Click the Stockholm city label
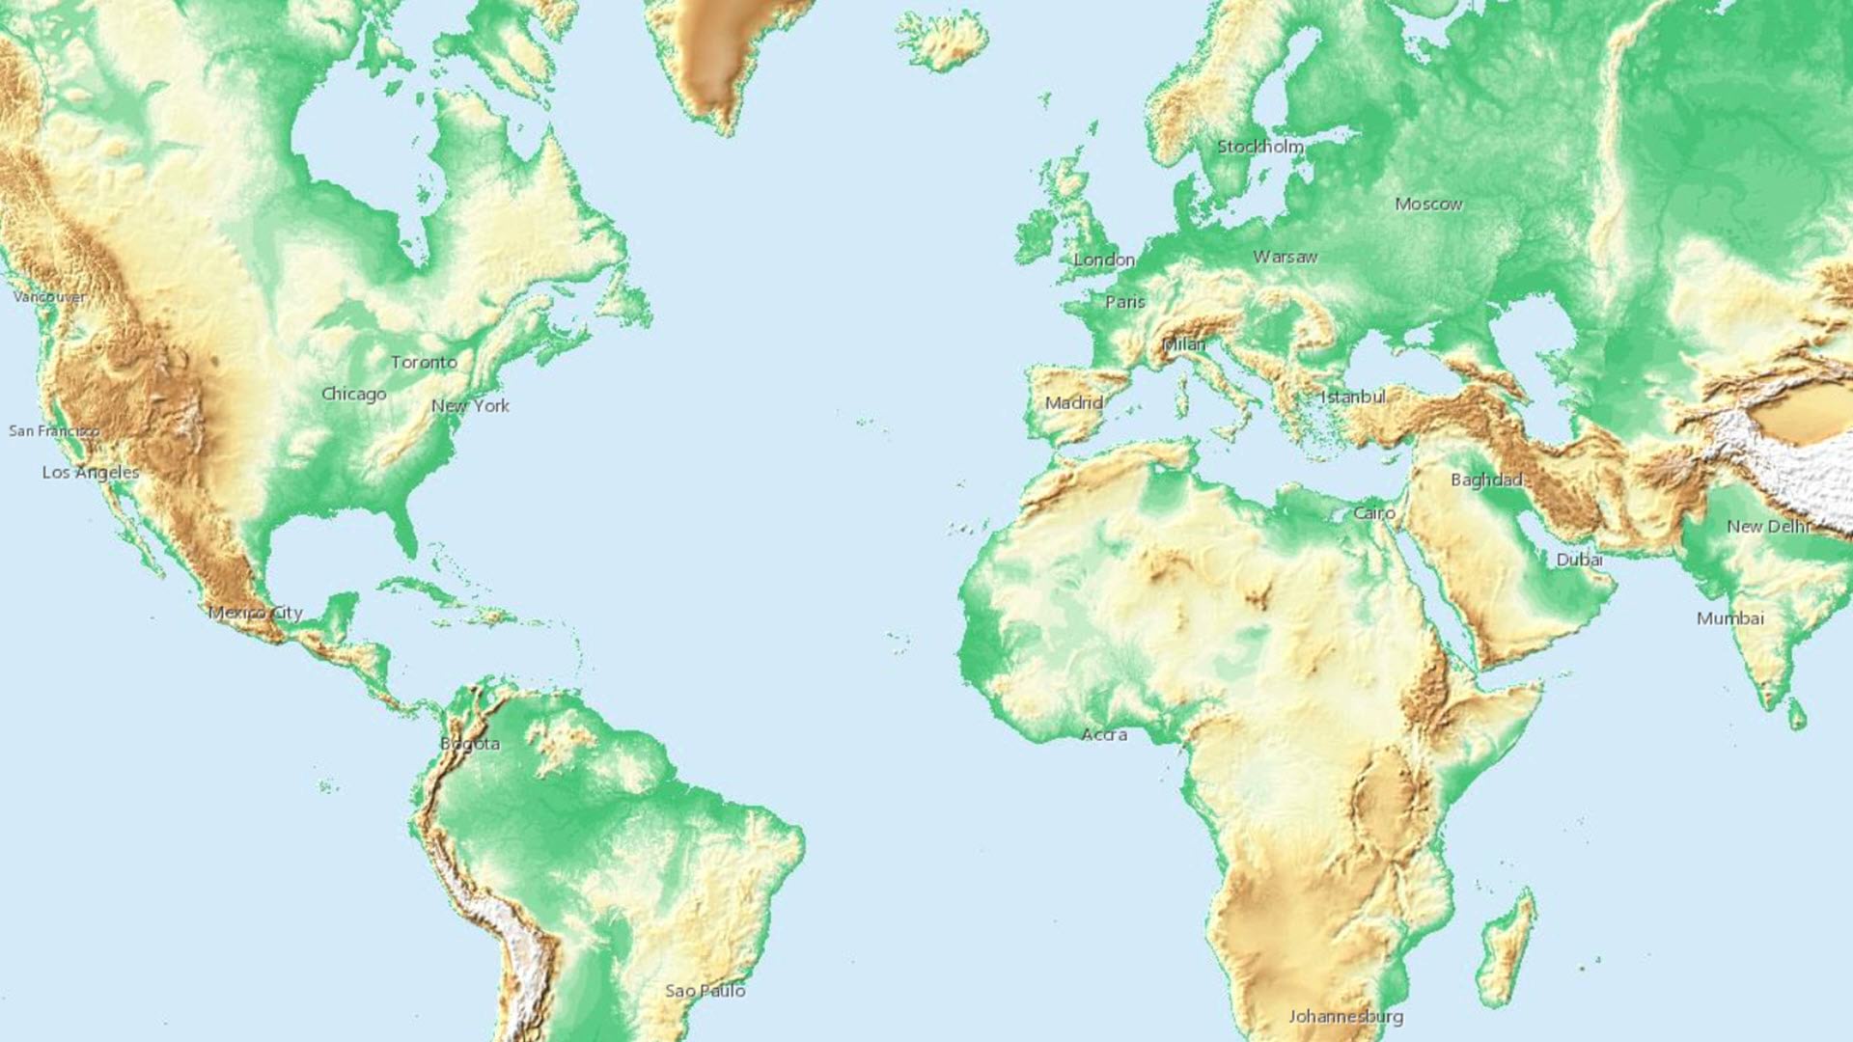[1259, 147]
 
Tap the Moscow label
[1428, 204]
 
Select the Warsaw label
[1285, 257]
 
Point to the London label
[1104, 260]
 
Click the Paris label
[1124, 302]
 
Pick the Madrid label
[1073, 402]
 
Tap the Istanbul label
[1352, 397]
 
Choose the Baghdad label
[1486, 480]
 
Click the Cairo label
[1373, 512]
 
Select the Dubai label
[1579, 560]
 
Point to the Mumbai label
[1729, 617]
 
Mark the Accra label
[1103, 734]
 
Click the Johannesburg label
[1345, 1016]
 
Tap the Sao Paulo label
[705, 991]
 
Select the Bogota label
[470, 743]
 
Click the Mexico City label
[256, 613]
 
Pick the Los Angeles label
[91, 472]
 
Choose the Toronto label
[424, 362]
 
